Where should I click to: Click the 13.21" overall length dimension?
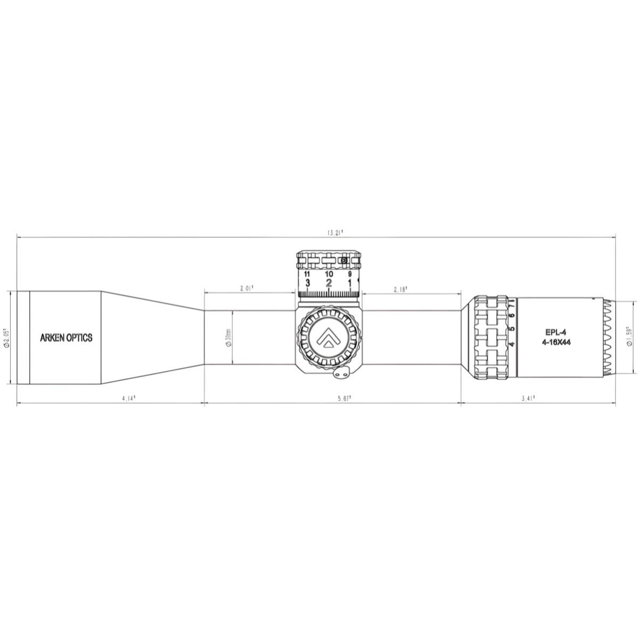tap(335, 232)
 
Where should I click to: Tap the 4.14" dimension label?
tap(127, 397)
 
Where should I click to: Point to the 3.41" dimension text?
tap(529, 397)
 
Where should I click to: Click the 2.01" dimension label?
tap(245, 288)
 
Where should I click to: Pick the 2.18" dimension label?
tap(400, 290)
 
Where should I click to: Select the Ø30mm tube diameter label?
tap(228, 338)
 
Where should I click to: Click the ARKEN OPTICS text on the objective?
tap(67, 338)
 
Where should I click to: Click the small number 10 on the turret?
tap(329, 274)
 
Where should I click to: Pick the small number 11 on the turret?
tap(307, 274)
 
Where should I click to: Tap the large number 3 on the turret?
tap(308, 283)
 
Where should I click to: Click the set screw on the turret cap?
tap(343, 260)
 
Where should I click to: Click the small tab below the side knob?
tap(341, 375)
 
